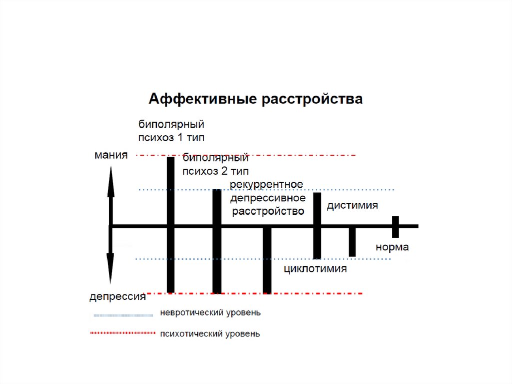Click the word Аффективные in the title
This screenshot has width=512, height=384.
click(x=202, y=99)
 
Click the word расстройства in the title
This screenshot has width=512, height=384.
click(x=311, y=99)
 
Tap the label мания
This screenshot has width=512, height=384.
click(x=111, y=155)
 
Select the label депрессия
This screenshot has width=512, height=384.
click(x=117, y=296)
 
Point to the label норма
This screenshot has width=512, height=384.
click(x=392, y=247)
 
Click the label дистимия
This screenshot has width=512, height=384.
click(x=352, y=205)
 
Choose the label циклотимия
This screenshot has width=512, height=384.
click(x=315, y=269)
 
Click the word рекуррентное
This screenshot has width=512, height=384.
click(x=266, y=184)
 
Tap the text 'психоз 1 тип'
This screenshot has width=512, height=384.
click(x=171, y=137)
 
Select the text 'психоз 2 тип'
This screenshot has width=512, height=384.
click(x=215, y=171)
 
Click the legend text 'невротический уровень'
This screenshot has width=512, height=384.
click(x=210, y=313)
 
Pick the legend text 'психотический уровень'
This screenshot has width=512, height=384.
click(x=210, y=333)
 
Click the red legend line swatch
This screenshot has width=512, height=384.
click(x=122, y=332)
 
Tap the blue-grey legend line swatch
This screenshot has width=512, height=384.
click(x=122, y=315)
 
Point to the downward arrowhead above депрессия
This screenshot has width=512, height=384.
click(x=110, y=273)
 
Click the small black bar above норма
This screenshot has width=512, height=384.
click(x=395, y=227)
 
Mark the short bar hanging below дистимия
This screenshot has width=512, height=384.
click(x=352, y=242)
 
